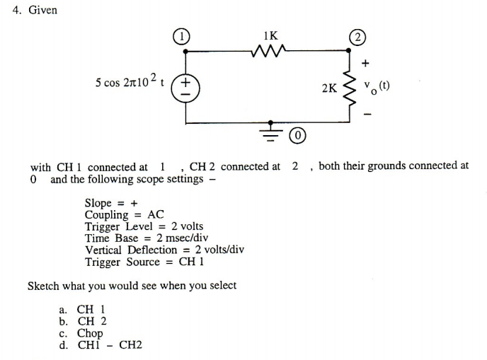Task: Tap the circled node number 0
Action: pyautogui.click(x=299, y=134)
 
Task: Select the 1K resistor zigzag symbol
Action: pyautogui.click(x=269, y=50)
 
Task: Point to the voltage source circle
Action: pyautogui.click(x=185, y=88)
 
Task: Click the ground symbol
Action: pyautogui.click(x=270, y=134)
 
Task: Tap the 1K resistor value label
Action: pyautogui.click(x=269, y=35)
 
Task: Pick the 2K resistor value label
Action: pyautogui.click(x=329, y=89)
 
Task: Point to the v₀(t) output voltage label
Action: pyautogui.click(x=377, y=88)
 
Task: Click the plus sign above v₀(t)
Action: pyautogui.click(x=366, y=64)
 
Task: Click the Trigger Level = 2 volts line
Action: pyautogui.click(x=144, y=226)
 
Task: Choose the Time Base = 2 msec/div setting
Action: pyautogui.click(x=146, y=238)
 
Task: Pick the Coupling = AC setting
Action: pyautogui.click(x=124, y=214)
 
